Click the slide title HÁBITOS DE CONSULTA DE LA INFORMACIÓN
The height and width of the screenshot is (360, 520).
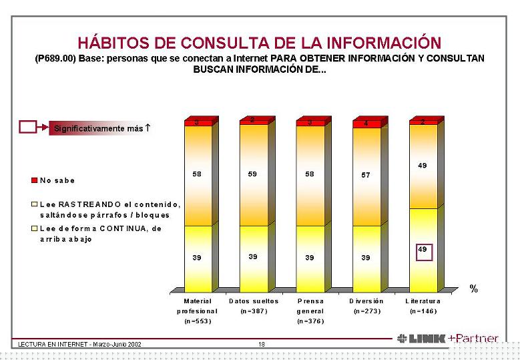point(260,43)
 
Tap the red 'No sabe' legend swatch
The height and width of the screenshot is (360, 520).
point(33,180)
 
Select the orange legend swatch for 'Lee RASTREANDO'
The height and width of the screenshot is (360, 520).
point(33,204)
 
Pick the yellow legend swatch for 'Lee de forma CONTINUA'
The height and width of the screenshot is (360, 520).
point(33,228)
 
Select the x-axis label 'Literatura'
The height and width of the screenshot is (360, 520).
point(423,301)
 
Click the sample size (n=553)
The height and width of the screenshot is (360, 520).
point(197,321)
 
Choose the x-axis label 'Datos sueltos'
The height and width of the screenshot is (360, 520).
point(254,301)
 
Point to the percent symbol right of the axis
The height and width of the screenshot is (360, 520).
point(473,289)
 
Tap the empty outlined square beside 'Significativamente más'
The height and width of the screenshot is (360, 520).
point(28,127)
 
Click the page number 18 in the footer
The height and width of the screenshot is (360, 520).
point(262,344)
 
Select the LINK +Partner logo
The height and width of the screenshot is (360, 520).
point(447,339)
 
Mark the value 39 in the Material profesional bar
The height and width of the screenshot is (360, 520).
point(197,257)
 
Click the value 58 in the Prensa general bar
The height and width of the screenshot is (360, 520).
point(309,173)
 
